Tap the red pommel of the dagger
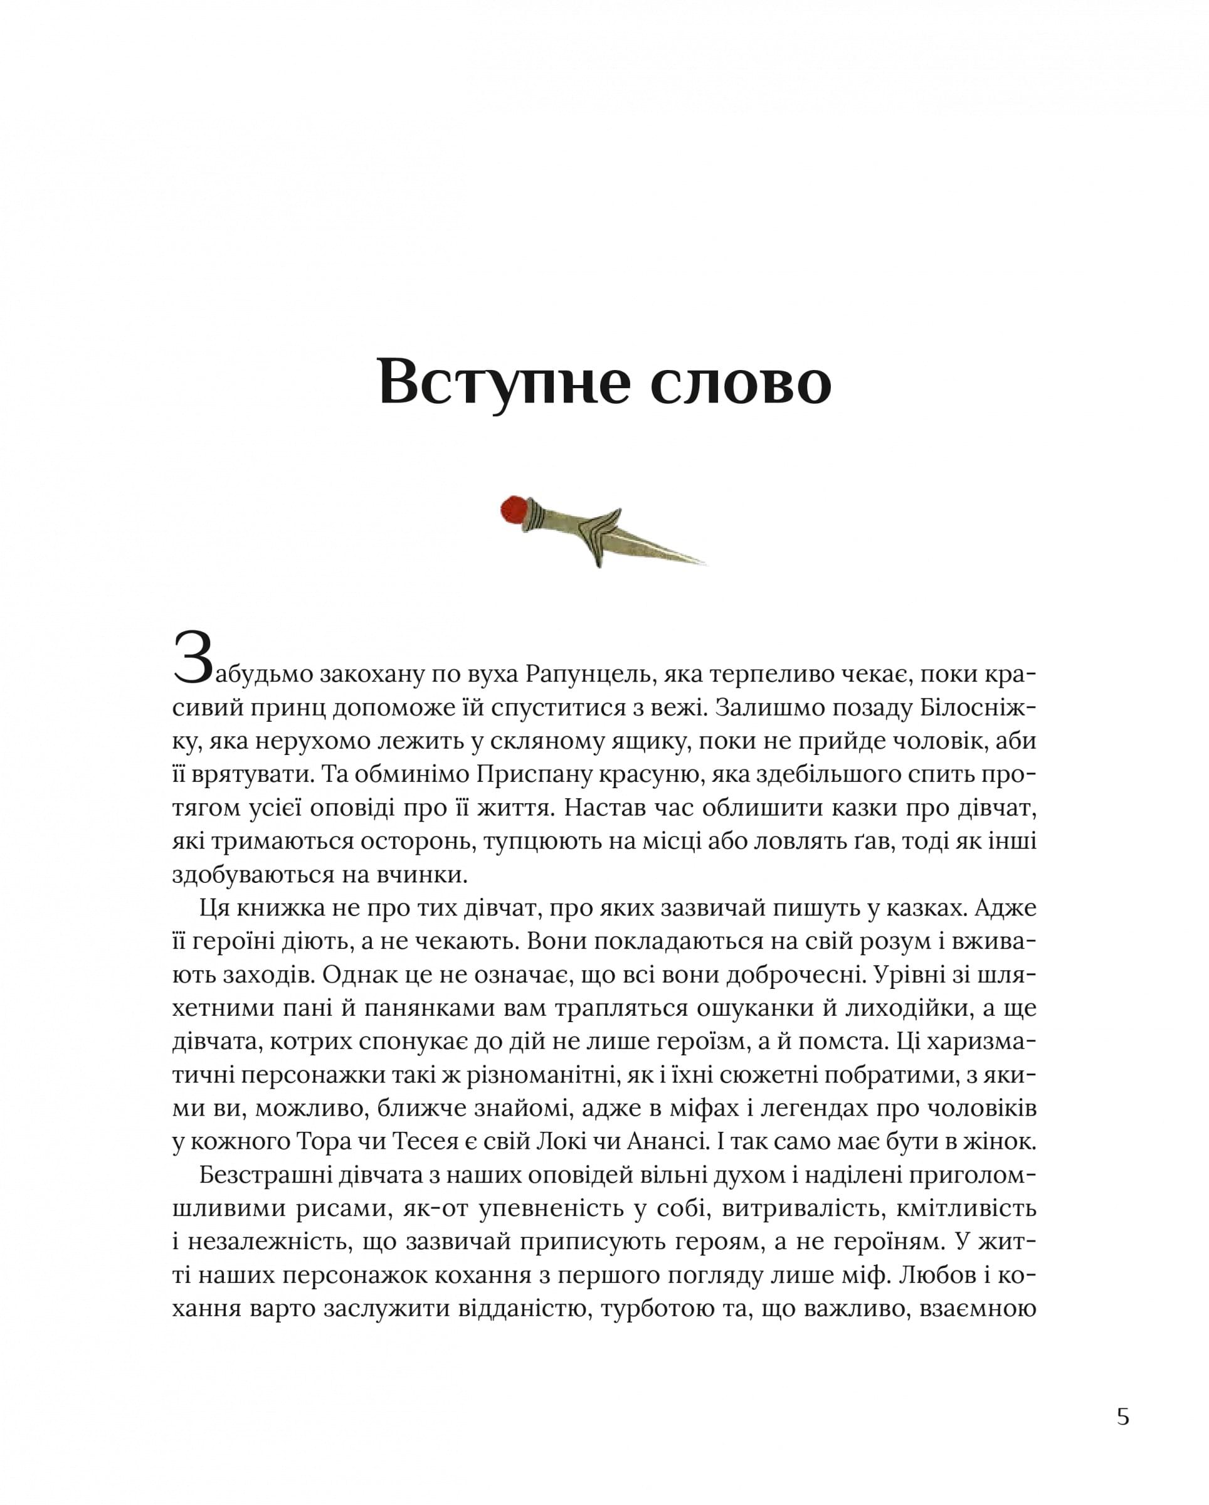pos(514,510)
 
